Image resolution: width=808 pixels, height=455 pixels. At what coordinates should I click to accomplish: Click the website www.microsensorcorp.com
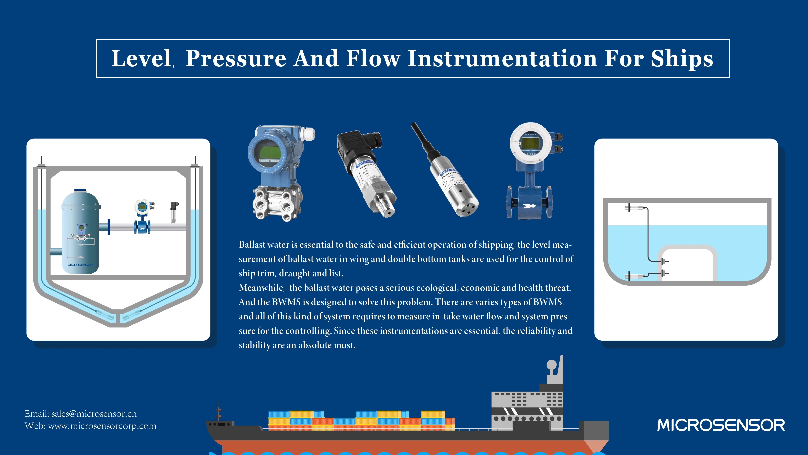[102, 426]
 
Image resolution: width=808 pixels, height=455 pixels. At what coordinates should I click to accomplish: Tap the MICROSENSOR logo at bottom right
[721, 425]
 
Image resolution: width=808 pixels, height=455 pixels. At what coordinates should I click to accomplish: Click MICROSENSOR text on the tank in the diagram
[80, 265]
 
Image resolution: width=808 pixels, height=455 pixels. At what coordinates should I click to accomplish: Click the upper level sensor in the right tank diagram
[635, 208]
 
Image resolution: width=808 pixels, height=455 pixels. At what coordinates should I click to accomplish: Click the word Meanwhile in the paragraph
[261, 288]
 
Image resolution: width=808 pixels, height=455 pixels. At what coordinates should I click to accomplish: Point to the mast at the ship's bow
[218, 411]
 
